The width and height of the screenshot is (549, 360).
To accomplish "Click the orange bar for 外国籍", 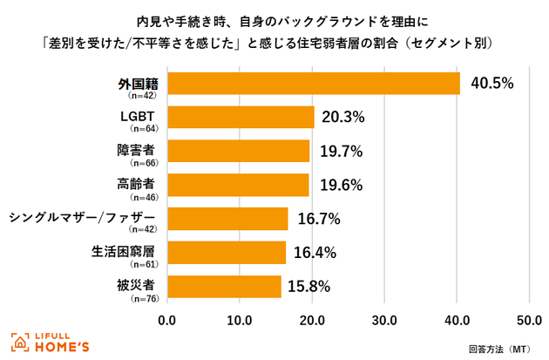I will point(313,84).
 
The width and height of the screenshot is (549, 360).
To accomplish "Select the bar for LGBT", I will point(240,117).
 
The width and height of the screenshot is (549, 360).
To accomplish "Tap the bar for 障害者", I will point(238,151).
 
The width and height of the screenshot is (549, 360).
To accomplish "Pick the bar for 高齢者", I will point(238,185).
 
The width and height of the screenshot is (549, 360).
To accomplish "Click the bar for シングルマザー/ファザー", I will point(227,219).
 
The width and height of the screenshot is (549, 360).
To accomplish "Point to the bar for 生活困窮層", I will point(226,253).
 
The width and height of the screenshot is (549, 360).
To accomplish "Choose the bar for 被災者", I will point(224,287).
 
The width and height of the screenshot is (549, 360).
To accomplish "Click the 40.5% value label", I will point(492,84).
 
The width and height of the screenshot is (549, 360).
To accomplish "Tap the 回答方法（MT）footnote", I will point(499,348).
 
